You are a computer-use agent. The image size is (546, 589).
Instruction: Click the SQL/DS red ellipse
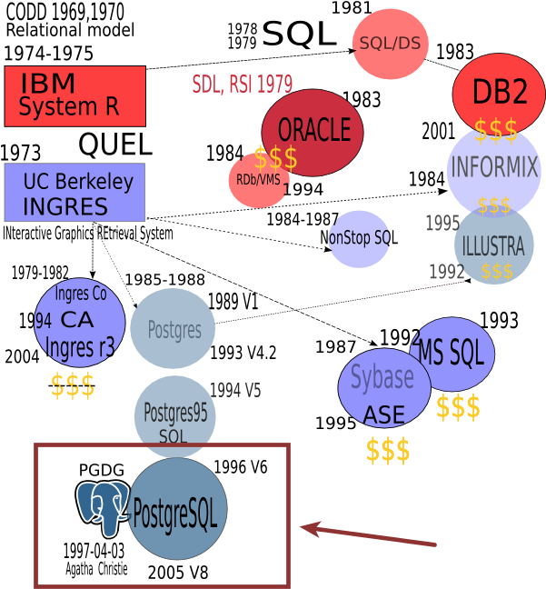[390, 44]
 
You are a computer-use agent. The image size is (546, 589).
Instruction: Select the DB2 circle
[499, 92]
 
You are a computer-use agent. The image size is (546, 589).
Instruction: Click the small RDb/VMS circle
[257, 182]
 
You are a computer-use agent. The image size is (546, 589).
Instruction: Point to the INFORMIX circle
[494, 169]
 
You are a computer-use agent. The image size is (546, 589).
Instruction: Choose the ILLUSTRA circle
[493, 245]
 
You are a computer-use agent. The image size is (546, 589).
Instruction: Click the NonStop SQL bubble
[359, 238]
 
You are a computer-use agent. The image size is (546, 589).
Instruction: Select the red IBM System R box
[74, 95]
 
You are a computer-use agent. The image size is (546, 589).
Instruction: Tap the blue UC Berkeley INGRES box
[74, 193]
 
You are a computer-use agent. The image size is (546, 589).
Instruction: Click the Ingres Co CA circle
[79, 322]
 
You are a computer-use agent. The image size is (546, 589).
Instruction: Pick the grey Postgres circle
[173, 329]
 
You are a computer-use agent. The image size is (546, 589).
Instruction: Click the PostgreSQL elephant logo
[103, 507]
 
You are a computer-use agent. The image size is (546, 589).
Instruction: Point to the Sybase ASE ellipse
[383, 387]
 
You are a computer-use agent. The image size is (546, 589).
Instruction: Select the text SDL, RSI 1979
[242, 85]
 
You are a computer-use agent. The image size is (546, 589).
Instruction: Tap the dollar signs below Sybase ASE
[388, 451]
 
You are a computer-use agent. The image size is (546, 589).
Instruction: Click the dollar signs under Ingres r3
[73, 386]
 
